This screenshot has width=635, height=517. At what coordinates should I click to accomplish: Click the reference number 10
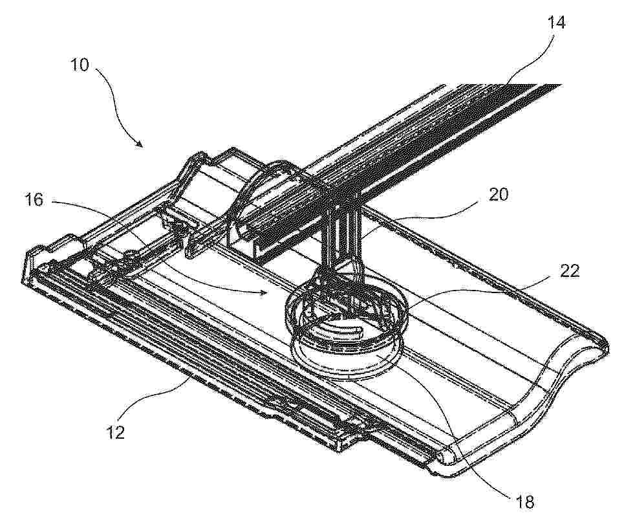(80, 65)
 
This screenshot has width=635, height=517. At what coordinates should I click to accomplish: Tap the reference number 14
(556, 23)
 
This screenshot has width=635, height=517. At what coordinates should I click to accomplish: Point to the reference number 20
(498, 195)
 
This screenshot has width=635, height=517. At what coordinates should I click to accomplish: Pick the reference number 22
(570, 270)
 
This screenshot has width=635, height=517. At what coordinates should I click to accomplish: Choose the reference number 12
(115, 432)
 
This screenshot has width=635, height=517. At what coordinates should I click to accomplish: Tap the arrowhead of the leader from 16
(263, 291)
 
